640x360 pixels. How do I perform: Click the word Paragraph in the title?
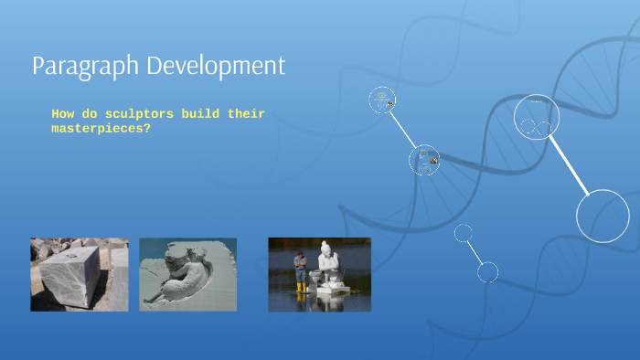point(77,67)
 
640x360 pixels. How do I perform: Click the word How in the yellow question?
point(62,114)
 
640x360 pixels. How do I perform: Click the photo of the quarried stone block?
point(80,274)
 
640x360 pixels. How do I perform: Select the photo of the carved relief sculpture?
point(187,274)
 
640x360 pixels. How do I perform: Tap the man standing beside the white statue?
point(300,270)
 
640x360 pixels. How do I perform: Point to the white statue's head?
point(325,248)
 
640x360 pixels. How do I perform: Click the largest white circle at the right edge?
point(603,217)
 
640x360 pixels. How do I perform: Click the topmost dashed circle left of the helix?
point(382,100)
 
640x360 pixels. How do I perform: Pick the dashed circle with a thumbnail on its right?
point(423,161)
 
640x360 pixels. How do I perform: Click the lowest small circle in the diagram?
point(487,271)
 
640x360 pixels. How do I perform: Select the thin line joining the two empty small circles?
point(475,252)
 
